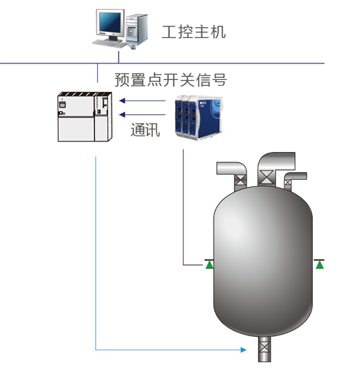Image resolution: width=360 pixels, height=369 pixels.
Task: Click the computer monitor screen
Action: [x=110, y=23]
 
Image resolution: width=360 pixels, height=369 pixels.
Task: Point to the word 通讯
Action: [x=145, y=130]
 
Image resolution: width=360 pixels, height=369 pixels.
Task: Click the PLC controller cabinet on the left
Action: [x=84, y=116]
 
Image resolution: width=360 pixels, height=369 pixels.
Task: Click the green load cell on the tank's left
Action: [x=209, y=265]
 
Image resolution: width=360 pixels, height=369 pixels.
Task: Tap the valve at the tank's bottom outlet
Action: [x=264, y=351]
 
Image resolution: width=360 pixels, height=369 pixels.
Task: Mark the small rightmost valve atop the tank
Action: [x=289, y=183]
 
